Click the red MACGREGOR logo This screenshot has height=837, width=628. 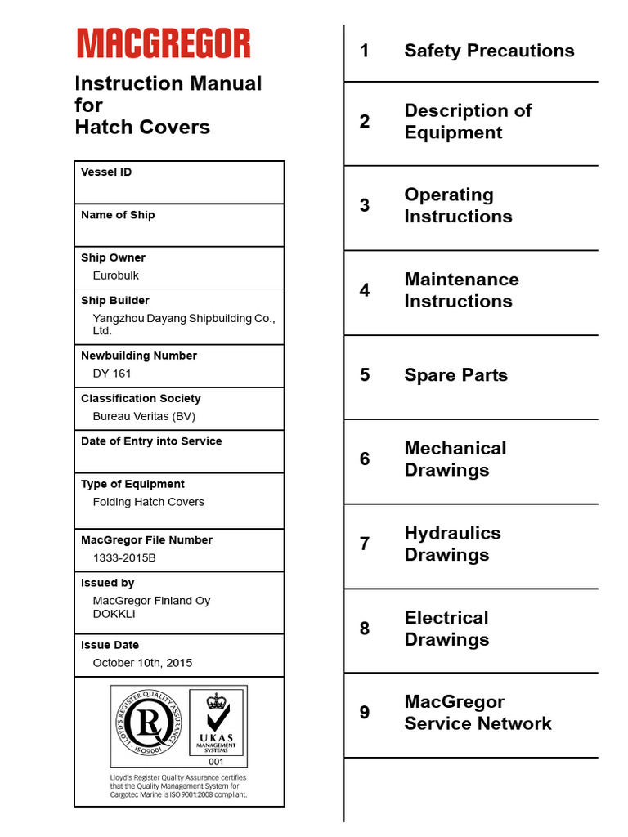tap(164, 43)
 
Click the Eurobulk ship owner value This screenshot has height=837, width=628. tap(116, 275)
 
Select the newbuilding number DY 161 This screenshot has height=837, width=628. tap(112, 374)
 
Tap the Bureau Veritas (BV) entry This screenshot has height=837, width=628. tap(144, 416)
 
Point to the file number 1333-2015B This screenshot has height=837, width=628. tap(124, 557)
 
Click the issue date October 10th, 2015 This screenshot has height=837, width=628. tap(142, 663)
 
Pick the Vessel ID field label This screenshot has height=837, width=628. tap(106, 172)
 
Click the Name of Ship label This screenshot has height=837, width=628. tap(118, 215)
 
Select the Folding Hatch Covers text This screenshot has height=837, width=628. tap(149, 502)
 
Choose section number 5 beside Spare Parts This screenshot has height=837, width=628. tap(365, 375)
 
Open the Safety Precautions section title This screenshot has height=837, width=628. tap(489, 51)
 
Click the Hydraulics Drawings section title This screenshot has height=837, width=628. tap(452, 544)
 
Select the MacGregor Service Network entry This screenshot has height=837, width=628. tap(478, 713)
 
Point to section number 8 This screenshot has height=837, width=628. tap(365, 629)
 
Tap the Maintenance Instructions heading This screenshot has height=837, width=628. tap(461, 290)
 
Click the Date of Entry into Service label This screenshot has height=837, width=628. tap(151, 441)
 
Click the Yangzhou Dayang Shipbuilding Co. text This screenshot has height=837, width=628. tap(184, 318)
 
